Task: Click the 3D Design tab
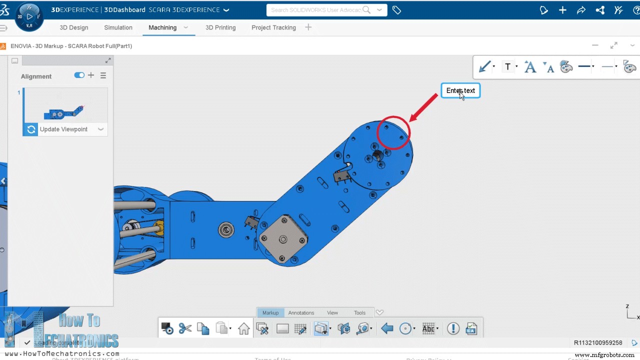pyautogui.click(x=73, y=27)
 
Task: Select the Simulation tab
pyautogui.click(x=118, y=27)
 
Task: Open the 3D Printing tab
pyautogui.click(x=220, y=27)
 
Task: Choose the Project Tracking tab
pyautogui.click(x=273, y=27)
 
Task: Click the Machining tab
pyautogui.click(x=162, y=27)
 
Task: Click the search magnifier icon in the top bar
pyautogui.click(x=366, y=10)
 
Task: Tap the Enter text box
pyautogui.click(x=460, y=90)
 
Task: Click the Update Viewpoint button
pyautogui.click(x=63, y=129)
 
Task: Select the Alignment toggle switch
pyautogui.click(x=79, y=75)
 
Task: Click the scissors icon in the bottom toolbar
pyautogui.click(x=185, y=328)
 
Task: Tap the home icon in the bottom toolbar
pyautogui.click(x=243, y=328)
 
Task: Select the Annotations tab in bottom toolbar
pyautogui.click(x=301, y=312)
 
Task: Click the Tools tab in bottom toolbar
pyautogui.click(x=359, y=312)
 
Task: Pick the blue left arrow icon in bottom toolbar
pyautogui.click(x=386, y=328)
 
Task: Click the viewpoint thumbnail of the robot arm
pyautogui.click(x=65, y=106)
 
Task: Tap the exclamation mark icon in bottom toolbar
pyautogui.click(x=453, y=328)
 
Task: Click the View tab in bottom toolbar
pyautogui.click(x=332, y=312)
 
